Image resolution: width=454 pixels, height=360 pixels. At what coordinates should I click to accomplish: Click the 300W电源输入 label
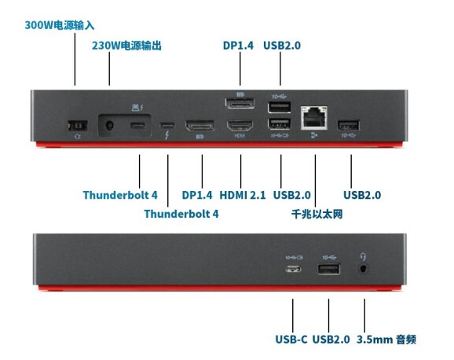[60, 25]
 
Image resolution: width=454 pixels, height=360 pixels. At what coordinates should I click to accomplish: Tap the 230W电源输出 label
[126, 46]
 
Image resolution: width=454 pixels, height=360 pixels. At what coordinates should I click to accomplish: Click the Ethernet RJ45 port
[314, 118]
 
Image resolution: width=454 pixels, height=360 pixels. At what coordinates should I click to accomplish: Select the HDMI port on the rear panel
[240, 126]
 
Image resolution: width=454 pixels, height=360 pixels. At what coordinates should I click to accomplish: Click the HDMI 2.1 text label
[243, 195]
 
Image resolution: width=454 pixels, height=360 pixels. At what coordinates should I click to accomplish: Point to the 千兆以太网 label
[317, 215]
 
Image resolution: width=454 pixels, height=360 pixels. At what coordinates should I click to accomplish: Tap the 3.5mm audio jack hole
[364, 269]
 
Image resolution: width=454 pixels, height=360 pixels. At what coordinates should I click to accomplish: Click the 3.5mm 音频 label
[386, 340]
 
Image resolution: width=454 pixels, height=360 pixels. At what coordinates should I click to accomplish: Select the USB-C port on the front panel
[293, 270]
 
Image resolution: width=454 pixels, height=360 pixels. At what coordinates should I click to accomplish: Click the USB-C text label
[291, 340]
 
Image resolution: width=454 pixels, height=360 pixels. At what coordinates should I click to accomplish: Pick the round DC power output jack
[109, 126]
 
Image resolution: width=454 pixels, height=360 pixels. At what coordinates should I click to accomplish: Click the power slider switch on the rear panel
[77, 126]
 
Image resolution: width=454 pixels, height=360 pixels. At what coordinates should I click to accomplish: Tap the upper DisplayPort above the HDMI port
[240, 104]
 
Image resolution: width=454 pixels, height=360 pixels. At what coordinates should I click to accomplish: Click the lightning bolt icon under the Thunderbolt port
[167, 135]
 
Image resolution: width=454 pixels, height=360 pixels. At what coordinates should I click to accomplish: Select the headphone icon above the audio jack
[363, 256]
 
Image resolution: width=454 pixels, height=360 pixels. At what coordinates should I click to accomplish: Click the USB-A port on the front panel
[329, 269]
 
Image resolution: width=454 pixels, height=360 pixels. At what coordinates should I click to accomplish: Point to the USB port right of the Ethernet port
[348, 125]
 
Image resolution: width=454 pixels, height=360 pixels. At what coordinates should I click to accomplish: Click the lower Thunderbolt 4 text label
[181, 214]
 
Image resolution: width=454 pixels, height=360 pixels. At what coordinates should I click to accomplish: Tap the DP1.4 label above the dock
[238, 46]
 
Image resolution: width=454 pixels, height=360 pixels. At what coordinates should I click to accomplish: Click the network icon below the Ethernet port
[314, 134]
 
